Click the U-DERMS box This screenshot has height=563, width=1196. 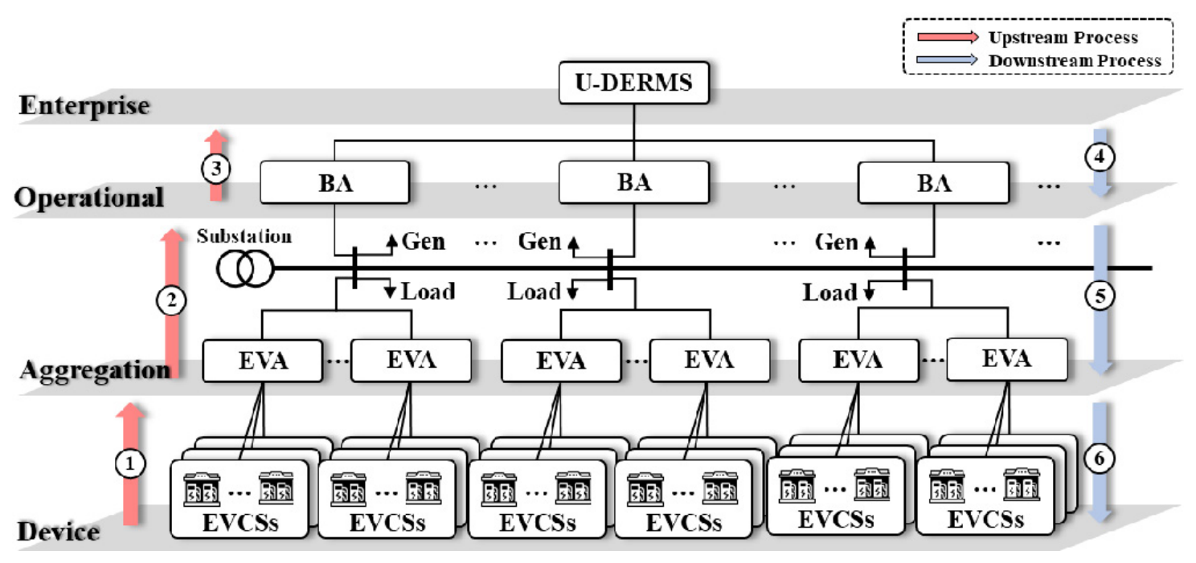(x=633, y=83)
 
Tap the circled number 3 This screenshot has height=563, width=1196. (x=215, y=169)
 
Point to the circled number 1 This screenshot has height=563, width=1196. (x=130, y=463)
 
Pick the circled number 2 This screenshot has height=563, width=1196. (x=170, y=301)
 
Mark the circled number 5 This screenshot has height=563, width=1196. (x=1100, y=296)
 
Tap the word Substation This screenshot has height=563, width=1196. (x=244, y=237)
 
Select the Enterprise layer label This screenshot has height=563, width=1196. (x=84, y=106)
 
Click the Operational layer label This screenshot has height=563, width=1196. (x=89, y=198)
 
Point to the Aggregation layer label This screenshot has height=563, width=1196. (x=95, y=370)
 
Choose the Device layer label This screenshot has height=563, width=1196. (x=59, y=532)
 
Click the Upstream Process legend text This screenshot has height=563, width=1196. (x=1063, y=38)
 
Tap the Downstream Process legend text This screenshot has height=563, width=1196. (x=1074, y=60)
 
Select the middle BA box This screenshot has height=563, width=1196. (x=633, y=182)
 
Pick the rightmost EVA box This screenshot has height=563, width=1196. (x=1006, y=359)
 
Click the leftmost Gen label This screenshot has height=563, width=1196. (x=424, y=242)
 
